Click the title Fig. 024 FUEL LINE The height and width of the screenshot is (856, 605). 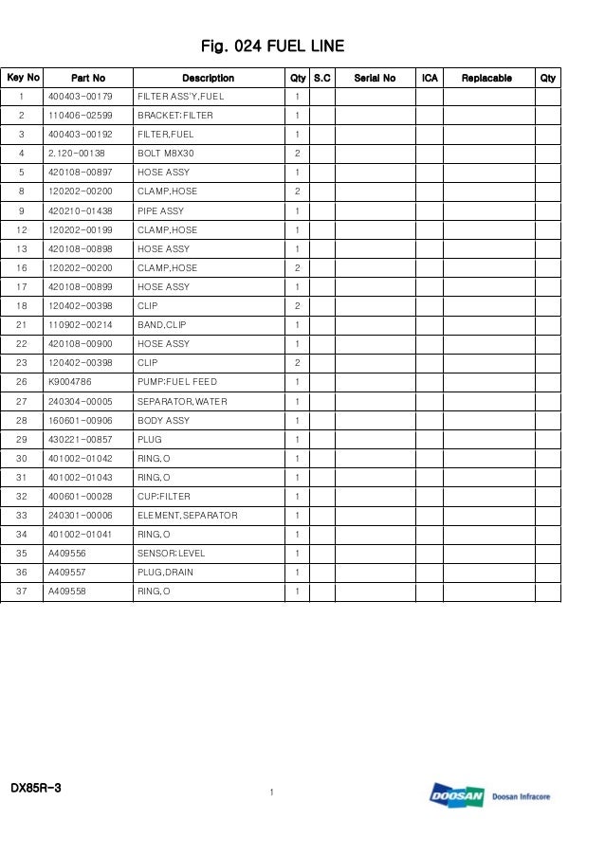click(x=272, y=46)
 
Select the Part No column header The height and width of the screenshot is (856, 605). click(x=88, y=78)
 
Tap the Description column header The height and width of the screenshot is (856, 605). click(x=208, y=78)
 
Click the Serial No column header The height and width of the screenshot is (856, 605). click(x=375, y=78)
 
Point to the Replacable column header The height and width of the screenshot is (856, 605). click(x=486, y=78)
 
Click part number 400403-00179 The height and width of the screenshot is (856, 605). click(x=80, y=97)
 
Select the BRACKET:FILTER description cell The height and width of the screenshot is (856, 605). click(x=175, y=116)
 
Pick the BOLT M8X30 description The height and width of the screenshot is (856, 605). click(x=166, y=154)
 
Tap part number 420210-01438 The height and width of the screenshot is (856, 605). click(x=80, y=210)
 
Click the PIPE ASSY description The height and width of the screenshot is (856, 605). click(x=161, y=210)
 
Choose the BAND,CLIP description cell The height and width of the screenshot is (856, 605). click(x=162, y=325)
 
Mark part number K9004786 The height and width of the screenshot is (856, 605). click(x=70, y=382)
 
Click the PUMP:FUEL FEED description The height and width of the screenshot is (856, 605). click(x=177, y=382)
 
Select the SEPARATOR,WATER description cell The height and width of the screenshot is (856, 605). click(x=182, y=401)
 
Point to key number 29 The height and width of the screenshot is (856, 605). click(x=21, y=439)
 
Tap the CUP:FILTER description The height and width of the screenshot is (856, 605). click(x=164, y=496)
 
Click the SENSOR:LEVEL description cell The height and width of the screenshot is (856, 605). click(x=172, y=553)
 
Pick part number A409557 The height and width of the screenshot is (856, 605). click(x=67, y=572)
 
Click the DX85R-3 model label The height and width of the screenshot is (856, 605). click(x=36, y=788)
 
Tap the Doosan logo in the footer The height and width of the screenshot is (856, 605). click(x=457, y=796)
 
